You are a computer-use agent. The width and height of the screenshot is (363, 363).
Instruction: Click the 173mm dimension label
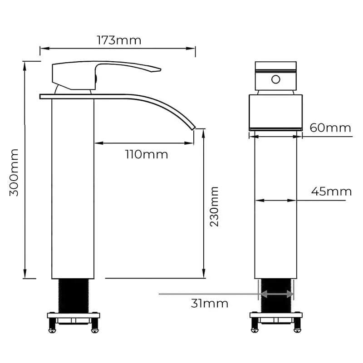pyautogui.click(x=119, y=40)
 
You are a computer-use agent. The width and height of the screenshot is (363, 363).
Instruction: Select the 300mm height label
pyautogui.click(x=15, y=172)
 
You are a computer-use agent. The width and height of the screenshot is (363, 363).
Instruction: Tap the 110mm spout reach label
pyautogui.click(x=147, y=154)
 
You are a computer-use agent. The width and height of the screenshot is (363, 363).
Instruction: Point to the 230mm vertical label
pyautogui.click(x=214, y=207)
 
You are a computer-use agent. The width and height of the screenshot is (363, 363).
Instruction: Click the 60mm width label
pyautogui.click(x=330, y=128)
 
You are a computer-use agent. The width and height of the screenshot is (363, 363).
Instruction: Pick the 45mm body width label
pyautogui.click(x=331, y=191)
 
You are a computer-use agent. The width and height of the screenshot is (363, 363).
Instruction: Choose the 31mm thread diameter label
pyautogui.click(x=209, y=303)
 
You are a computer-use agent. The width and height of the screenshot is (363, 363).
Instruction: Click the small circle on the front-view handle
pyautogui.click(x=275, y=80)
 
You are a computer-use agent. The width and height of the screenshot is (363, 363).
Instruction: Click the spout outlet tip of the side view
pyautogui.click(x=194, y=126)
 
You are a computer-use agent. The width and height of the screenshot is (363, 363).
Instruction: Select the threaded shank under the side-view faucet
pyautogui.click(x=73, y=295)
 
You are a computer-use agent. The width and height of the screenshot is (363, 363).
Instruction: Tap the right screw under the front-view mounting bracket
pyautogui.click(x=297, y=325)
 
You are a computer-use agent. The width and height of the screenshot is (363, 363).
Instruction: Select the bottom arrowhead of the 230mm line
pyautogui.click(x=204, y=275)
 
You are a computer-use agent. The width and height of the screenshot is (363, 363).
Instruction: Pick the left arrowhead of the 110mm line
pyautogui.click(x=98, y=143)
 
